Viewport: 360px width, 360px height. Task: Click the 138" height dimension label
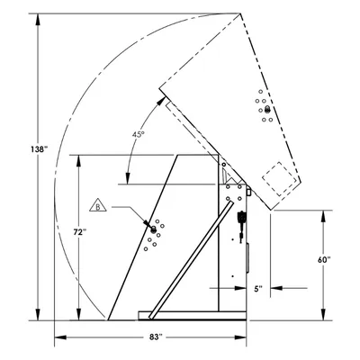click(x=39, y=149)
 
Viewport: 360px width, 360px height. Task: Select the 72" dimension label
click(x=80, y=231)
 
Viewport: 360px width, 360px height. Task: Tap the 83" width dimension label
click(x=156, y=337)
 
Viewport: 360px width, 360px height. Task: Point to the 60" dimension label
click(x=324, y=260)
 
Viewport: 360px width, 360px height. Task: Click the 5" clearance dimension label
click(x=258, y=289)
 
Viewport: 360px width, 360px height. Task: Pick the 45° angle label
click(x=139, y=135)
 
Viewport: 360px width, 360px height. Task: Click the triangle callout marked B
click(x=98, y=205)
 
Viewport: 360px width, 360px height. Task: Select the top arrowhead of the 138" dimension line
click(x=38, y=20)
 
